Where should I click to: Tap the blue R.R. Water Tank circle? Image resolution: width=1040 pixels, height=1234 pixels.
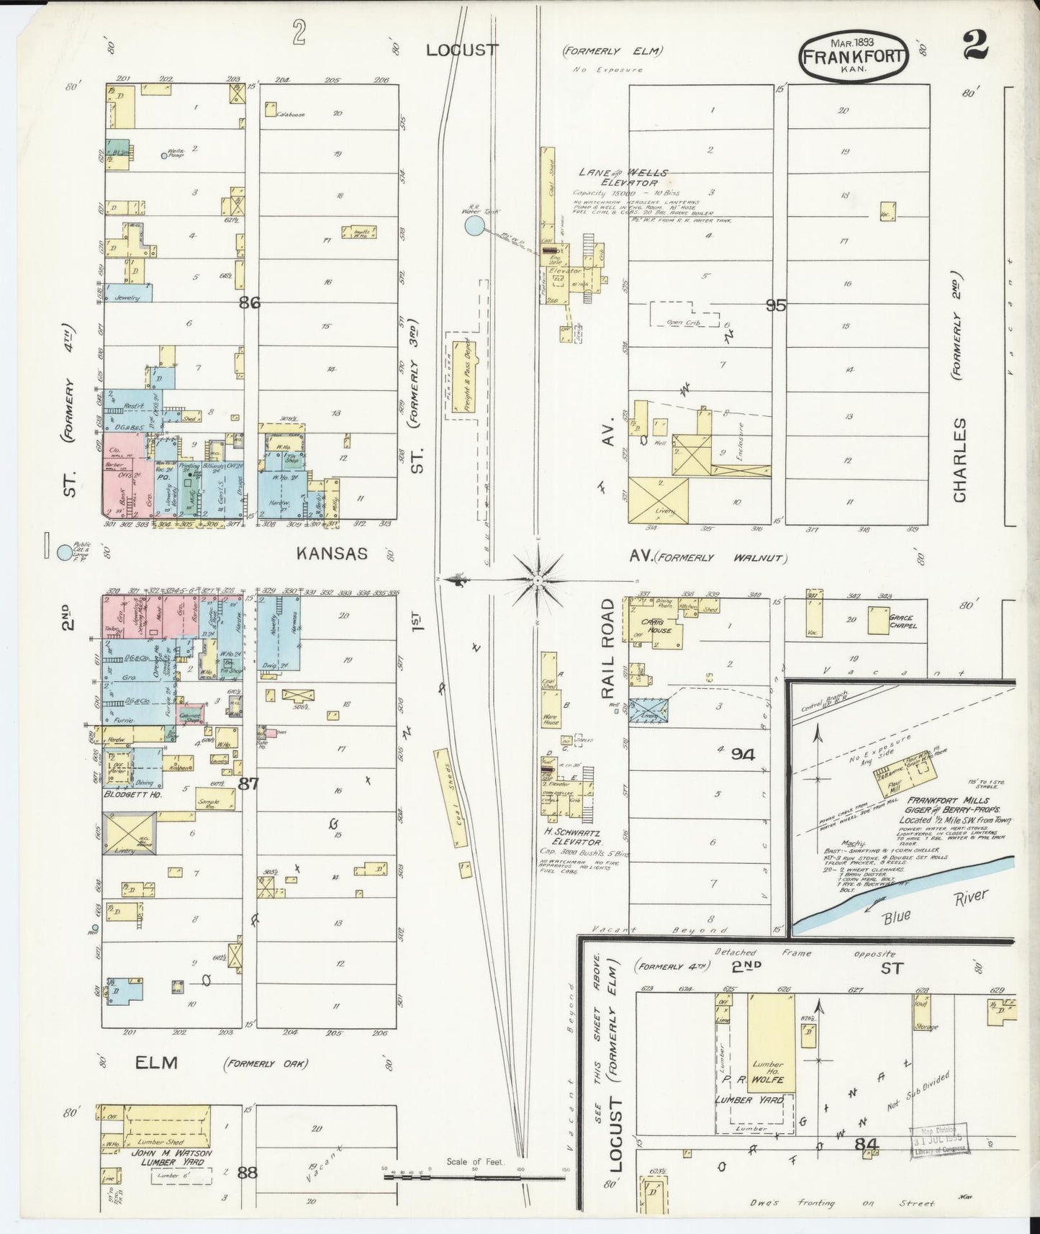pyautogui.click(x=474, y=227)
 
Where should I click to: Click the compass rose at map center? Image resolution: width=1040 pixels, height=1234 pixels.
pyautogui.click(x=538, y=579)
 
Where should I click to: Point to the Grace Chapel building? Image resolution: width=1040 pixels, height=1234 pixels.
pyautogui.click(x=878, y=621)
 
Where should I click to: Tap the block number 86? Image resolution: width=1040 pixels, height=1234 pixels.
pyautogui.click(x=249, y=303)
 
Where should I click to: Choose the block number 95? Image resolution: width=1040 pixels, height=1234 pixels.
pyautogui.click(x=775, y=305)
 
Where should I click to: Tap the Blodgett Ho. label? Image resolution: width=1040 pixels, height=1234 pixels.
pyautogui.click(x=132, y=794)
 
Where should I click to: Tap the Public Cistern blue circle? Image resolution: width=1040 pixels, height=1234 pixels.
pyautogui.click(x=65, y=552)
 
